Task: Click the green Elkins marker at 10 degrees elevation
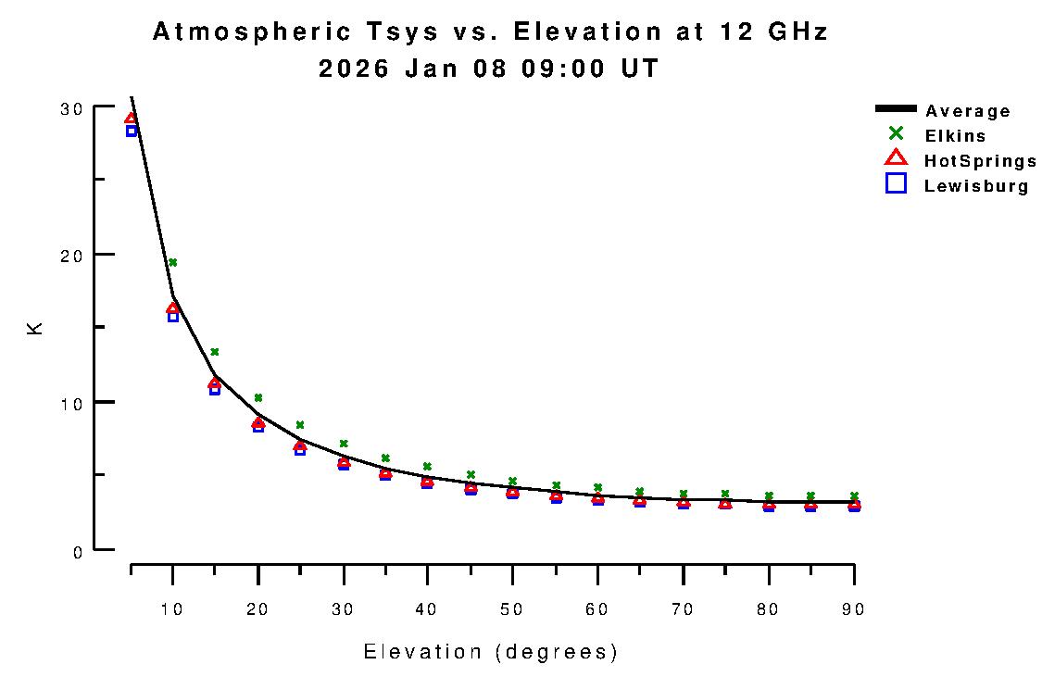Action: point(172,262)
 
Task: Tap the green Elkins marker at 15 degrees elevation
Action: point(215,352)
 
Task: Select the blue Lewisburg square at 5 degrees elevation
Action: point(132,131)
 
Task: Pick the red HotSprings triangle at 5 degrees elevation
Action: point(131,119)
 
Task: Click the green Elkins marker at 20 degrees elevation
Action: point(258,397)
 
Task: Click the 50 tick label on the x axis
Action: point(512,609)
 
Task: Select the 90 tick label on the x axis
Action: point(853,609)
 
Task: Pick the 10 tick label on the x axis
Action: point(172,609)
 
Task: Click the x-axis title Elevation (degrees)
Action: point(490,652)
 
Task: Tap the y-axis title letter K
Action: point(35,328)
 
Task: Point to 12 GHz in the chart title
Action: point(773,32)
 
